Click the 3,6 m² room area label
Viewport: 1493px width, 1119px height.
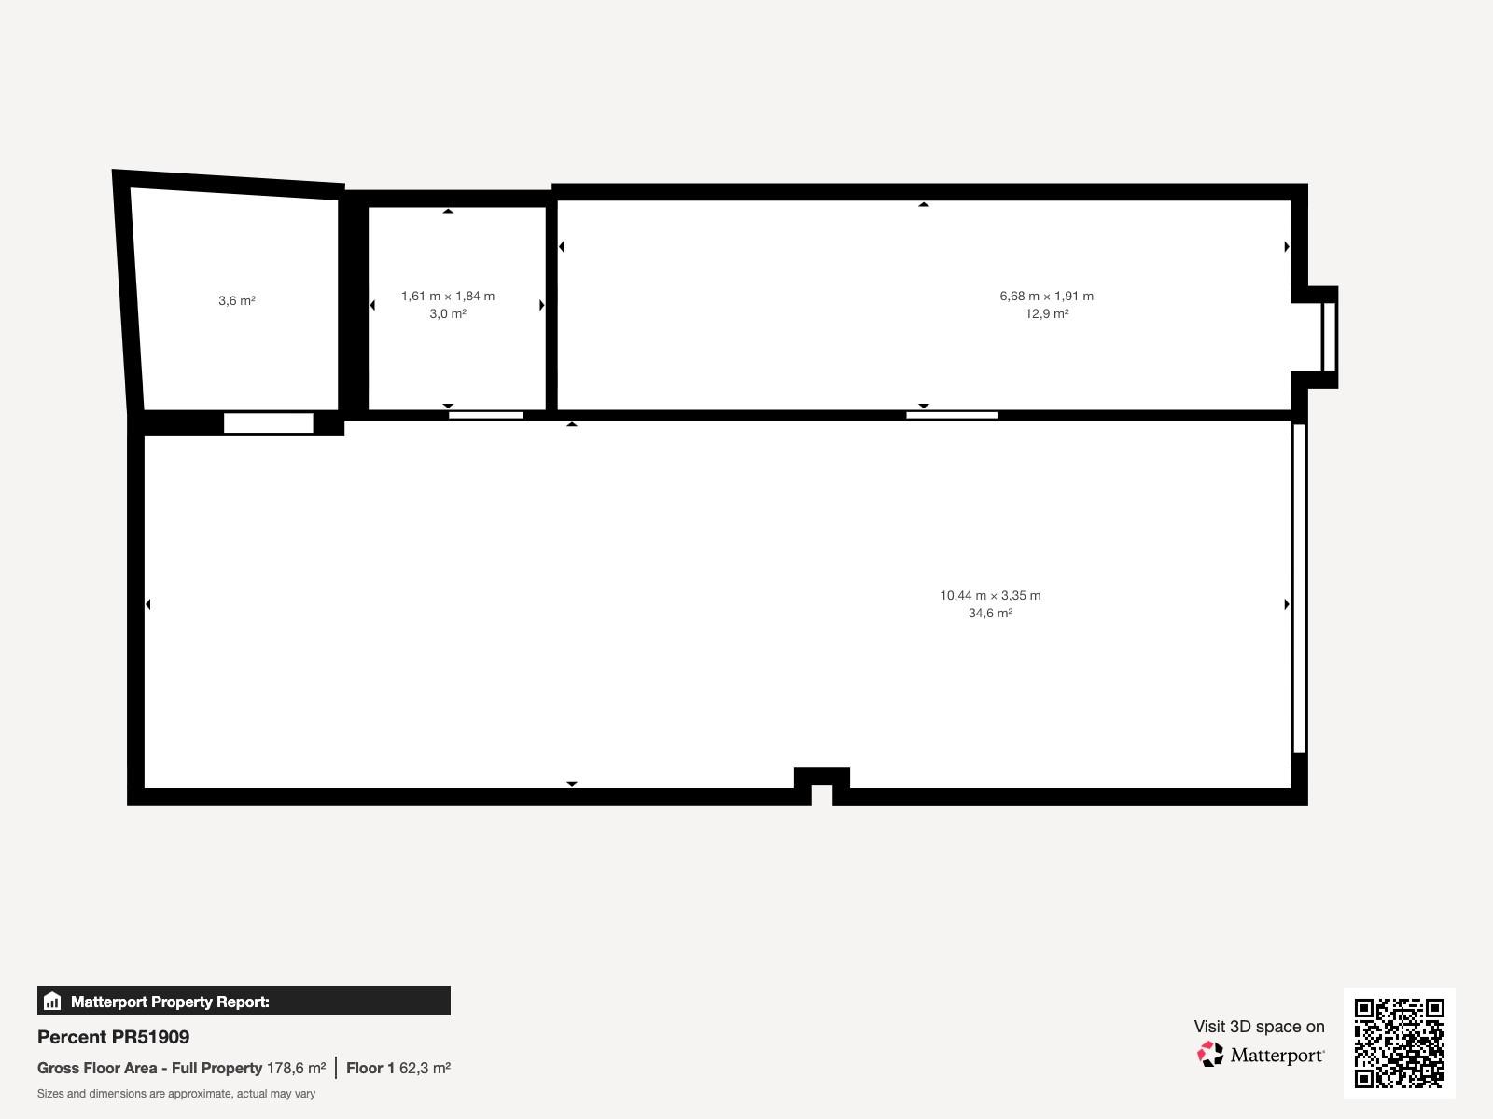coord(237,300)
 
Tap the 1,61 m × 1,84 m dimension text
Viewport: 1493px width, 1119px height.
coord(448,297)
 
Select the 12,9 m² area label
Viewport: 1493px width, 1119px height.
coord(1047,314)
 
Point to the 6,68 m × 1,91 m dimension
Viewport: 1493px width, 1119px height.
coord(1047,297)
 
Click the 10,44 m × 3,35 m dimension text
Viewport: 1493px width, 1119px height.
coord(990,596)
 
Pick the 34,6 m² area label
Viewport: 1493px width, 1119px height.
coord(990,614)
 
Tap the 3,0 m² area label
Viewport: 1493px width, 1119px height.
coord(448,314)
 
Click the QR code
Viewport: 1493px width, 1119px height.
coord(1399,1043)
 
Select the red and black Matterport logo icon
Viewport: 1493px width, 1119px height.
coord(1210,1054)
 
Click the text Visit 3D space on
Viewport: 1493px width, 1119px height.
coord(1259,1027)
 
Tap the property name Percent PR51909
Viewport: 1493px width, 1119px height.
coord(114,1037)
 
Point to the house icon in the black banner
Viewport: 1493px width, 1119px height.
coord(52,1001)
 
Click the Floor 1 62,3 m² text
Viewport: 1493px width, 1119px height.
coord(398,1068)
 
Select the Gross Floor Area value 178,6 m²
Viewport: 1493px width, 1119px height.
coord(296,1068)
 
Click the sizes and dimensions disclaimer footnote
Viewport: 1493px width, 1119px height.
coord(176,1094)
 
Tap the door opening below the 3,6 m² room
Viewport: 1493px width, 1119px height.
coord(269,422)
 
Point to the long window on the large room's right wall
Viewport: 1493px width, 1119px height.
coord(1299,588)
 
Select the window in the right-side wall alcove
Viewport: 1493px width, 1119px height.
coord(1329,337)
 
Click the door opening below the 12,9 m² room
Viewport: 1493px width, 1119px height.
coord(952,415)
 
